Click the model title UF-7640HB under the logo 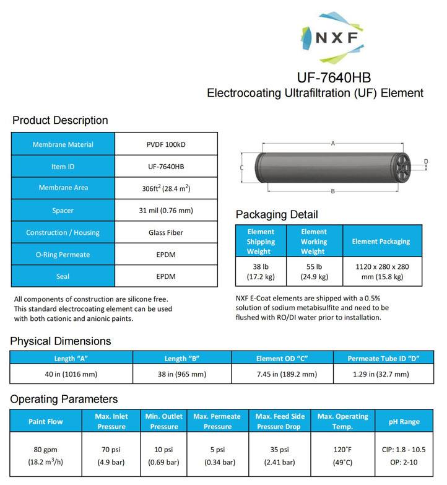335,79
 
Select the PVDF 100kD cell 166,144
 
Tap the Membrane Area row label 63,188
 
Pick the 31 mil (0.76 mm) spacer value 166,211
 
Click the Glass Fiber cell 166,233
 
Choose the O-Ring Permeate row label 63,255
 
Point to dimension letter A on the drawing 332,143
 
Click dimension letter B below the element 332,191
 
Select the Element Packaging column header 381,242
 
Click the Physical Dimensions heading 61,341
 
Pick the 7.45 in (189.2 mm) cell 282,374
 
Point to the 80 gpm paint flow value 46,455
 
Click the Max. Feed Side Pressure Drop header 280,421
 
